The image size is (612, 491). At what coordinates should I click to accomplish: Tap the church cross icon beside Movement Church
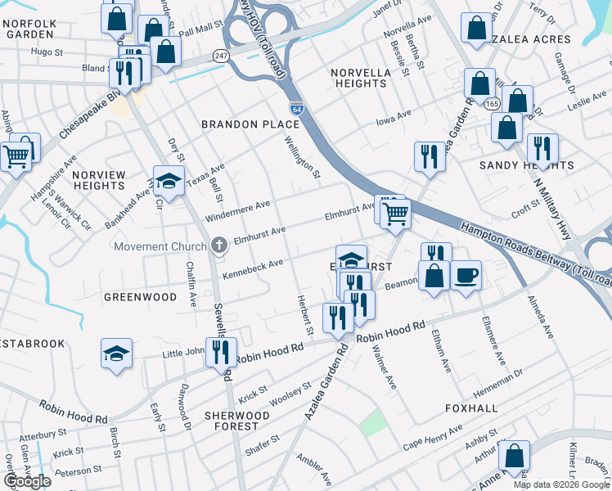click(x=218, y=245)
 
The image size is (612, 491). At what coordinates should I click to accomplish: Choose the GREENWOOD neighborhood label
click(x=141, y=296)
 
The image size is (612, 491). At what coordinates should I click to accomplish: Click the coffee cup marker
click(x=466, y=275)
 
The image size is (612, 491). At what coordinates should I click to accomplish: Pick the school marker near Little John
click(x=116, y=354)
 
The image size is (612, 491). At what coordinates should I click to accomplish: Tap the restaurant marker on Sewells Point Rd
click(x=220, y=352)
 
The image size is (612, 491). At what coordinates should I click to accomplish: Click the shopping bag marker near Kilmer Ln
click(x=514, y=457)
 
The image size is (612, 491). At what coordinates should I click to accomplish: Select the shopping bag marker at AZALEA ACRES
click(x=476, y=28)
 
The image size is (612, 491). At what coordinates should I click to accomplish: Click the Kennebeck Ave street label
click(x=253, y=267)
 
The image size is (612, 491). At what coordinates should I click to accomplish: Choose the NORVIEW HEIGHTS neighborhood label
click(x=98, y=181)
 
